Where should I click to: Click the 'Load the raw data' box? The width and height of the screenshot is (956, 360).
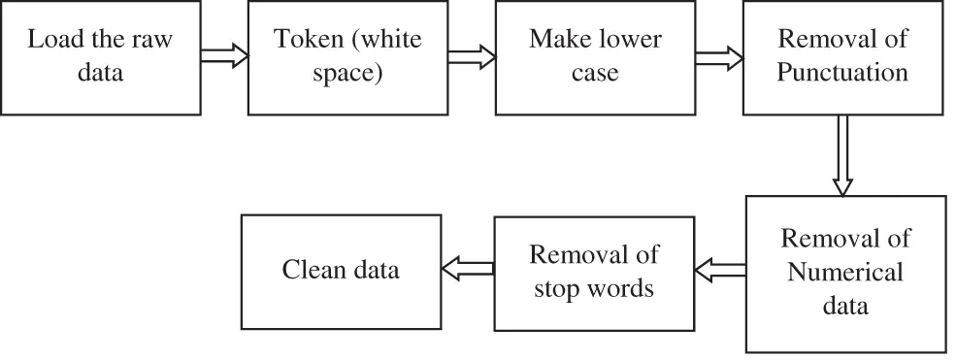101,58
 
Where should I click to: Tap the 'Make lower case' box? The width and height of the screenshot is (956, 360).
596,58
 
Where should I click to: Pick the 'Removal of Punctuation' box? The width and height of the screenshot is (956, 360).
843,58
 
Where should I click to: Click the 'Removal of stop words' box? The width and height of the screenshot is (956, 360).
595,273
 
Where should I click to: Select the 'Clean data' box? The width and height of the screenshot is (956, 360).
340,270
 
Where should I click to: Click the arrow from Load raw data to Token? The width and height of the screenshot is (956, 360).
224,57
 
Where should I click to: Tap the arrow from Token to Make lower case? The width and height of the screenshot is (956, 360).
472,57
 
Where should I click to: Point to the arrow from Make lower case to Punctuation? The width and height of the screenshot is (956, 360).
719,57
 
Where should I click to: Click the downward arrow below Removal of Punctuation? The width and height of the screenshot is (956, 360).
842,155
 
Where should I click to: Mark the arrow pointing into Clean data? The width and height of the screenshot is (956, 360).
467,267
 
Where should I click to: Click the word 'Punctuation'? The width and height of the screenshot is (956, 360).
843,74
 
